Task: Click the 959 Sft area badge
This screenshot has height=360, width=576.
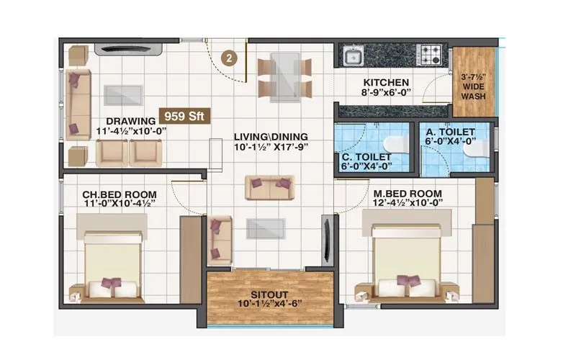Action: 185,116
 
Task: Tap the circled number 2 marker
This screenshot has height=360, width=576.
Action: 229,58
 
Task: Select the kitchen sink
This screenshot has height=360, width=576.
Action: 354,56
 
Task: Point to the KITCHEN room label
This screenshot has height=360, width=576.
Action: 386,82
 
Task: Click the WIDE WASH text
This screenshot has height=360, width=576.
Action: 474,91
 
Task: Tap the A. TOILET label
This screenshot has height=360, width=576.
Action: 451,132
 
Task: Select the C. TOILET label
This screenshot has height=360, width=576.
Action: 366,157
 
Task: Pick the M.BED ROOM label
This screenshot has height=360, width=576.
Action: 408,193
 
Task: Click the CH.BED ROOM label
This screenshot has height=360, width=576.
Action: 120,194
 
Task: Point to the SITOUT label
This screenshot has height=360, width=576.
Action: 269,294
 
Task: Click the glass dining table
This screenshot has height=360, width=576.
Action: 284,78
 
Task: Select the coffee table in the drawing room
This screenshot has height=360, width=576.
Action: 122,95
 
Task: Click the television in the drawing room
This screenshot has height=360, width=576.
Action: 128,49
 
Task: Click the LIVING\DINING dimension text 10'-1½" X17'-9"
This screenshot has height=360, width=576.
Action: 271,147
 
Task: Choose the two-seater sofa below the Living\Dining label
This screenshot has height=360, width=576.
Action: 269,187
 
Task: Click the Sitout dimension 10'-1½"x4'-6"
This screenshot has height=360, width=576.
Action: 271,304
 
